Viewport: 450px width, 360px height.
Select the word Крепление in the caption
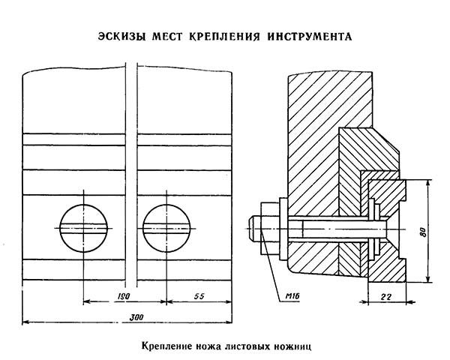[166, 347]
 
